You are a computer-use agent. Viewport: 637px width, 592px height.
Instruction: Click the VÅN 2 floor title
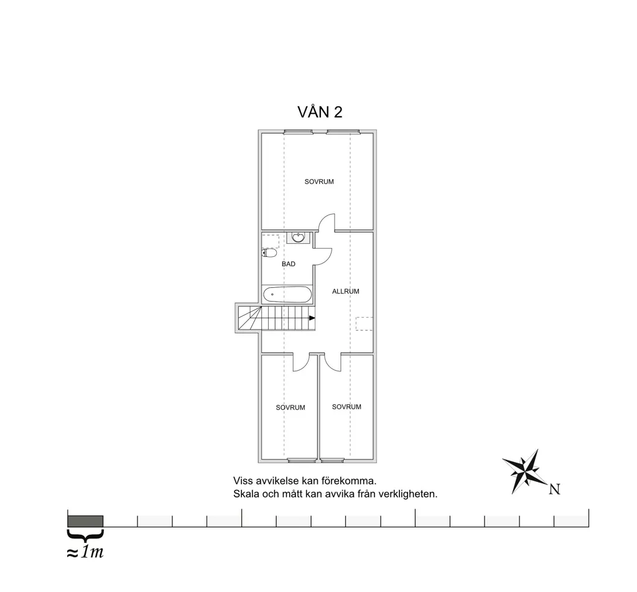click(320, 112)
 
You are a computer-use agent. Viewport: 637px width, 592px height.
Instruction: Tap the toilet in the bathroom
click(269, 253)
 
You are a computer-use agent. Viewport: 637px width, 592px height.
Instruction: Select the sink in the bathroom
click(299, 237)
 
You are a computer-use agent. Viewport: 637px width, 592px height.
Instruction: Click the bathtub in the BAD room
click(287, 294)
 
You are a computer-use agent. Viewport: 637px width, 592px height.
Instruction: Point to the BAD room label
click(289, 264)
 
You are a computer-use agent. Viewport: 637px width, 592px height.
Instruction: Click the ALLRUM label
click(346, 291)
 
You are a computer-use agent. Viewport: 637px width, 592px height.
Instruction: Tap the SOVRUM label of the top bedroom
click(319, 182)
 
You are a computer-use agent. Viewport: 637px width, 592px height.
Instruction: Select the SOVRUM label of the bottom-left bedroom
click(291, 407)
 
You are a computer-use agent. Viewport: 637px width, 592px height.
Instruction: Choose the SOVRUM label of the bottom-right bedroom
click(346, 407)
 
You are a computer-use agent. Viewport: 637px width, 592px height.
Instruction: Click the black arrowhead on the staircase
click(312, 318)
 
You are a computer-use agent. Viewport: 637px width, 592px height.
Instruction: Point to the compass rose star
click(526, 471)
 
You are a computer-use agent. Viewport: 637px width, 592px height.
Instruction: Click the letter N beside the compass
click(554, 489)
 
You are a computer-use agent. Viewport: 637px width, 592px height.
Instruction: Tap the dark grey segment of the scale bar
click(85, 521)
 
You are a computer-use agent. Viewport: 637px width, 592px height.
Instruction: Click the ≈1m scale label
click(85, 552)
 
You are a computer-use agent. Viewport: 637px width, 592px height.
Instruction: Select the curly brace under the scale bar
click(85, 535)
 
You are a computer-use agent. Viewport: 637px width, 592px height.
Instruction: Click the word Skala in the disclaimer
click(246, 494)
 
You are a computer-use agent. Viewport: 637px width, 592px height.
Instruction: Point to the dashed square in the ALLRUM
click(365, 323)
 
